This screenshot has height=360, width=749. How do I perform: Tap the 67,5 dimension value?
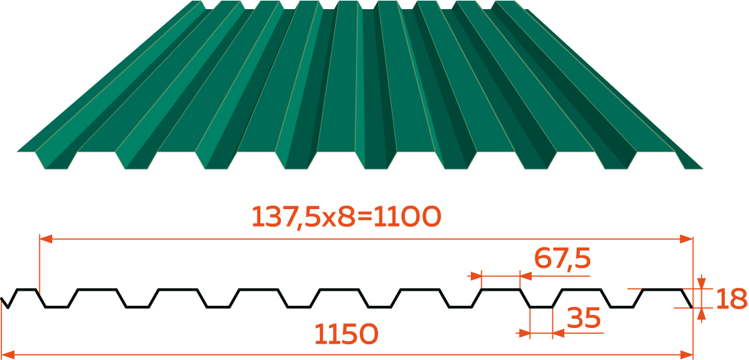pos(562,259)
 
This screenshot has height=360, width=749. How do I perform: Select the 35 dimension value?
pos(582,318)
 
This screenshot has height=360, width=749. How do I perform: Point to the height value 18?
pos(731,299)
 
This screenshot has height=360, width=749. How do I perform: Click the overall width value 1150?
pos(346,334)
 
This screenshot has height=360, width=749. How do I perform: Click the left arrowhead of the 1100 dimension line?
pos(46,238)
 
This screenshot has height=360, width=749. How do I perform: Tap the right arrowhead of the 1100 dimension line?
pos(686,238)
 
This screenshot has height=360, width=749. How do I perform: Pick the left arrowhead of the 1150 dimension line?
pos(8,354)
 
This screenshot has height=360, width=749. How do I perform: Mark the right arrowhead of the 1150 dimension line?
pos(686,354)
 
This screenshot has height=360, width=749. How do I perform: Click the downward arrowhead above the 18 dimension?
pos(701,282)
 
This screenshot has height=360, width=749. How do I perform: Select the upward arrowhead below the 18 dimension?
pos(701,314)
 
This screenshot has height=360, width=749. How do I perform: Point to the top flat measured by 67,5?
pos(501,289)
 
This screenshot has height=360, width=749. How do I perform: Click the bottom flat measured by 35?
pos(541,307)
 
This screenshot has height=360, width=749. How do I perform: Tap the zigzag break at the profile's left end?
pos(5,303)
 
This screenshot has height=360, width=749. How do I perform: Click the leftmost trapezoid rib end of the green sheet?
pos(56,160)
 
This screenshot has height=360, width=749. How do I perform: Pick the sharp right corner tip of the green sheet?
pos(703,169)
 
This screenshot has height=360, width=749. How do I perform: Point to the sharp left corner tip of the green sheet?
pos(17,152)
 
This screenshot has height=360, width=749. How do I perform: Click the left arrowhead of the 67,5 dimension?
pos(475,276)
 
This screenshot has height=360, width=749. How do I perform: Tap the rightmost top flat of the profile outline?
pos(661,289)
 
